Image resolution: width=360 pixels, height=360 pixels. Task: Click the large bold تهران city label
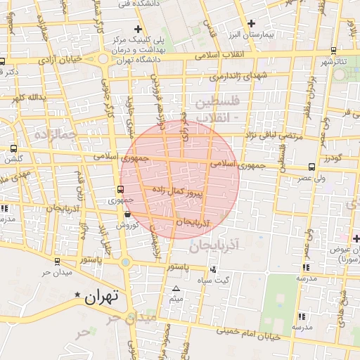pyautogui.click(x=103, y=297)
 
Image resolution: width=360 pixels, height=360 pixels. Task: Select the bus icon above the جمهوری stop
pyautogui.click(x=120, y=189)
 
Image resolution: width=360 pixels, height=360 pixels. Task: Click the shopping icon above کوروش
pyautogui.click(x=127, y=214)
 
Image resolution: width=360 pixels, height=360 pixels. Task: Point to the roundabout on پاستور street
pyautogui.click(x=126, y=262)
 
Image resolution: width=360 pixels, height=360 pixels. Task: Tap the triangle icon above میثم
pyautogui.click(x=176, y=289)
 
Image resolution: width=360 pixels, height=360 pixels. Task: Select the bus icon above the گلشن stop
pyautogui.click(x=14, y=148)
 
